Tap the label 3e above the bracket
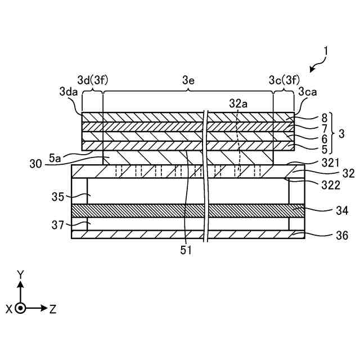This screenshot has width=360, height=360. click(188, 80)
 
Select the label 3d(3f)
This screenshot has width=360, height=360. click(92, 80)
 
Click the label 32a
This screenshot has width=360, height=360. click(238, 103)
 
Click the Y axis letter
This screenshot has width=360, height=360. click(21, 274)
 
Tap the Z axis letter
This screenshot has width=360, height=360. click(52, 309)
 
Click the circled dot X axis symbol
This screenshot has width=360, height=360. click(21, 308)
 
